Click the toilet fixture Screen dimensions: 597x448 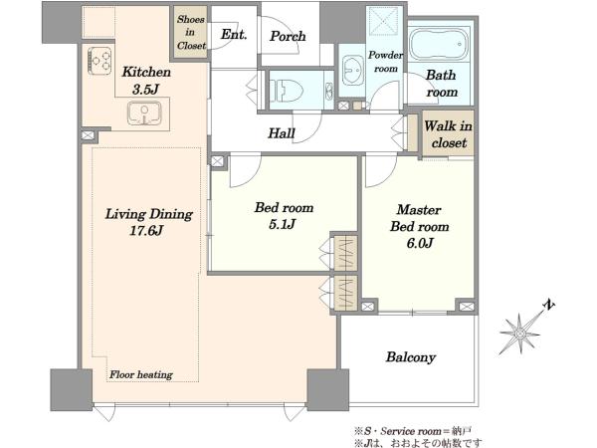coord(287,91)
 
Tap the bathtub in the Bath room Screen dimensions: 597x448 coord(440,45)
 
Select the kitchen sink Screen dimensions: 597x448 coord(144,113)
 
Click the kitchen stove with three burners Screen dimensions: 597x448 coord(99,61)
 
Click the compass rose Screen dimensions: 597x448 coord(520,335)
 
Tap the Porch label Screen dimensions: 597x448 coord(288,36)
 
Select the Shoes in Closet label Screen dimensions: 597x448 coord(191,33)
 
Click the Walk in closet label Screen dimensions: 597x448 coord(449,134)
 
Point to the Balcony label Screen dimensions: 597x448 coord(410,357)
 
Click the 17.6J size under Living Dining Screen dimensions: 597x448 coord(146,231)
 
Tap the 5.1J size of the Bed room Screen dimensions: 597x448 coord(283,224)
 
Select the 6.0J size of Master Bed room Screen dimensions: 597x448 coord(420,243)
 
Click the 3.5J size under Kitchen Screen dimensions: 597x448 coord(145,90)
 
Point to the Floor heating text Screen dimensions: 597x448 coord(141,375)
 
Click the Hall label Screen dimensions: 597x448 coord(282,133)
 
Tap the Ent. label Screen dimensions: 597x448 coord(234,34)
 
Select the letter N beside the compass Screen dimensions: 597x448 coord(549,305)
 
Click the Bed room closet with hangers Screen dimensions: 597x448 coord(345,253)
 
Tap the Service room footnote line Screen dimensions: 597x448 coord(413,431)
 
